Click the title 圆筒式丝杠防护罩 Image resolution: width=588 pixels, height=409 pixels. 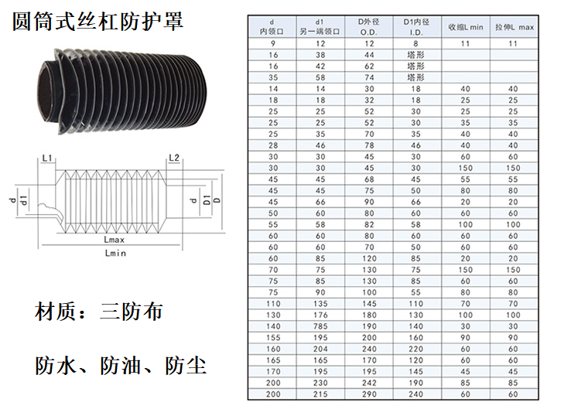(98, 21)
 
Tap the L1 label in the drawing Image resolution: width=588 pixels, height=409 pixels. (47, 158)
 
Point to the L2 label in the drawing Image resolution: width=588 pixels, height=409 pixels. (174, 158)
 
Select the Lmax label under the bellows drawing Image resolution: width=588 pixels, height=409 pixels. (115, 240)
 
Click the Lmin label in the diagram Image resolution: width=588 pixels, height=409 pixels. (115, 253)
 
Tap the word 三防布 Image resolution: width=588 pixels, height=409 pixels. (132, 312)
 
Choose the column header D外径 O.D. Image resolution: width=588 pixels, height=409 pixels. (368, 26)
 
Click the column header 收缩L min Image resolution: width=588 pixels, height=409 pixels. (466, 27)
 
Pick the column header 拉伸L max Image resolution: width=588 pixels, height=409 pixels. (514, 27)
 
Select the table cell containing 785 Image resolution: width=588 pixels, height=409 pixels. (320, 326)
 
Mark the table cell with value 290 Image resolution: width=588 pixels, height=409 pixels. (369, 394)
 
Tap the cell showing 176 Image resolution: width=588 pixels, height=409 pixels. (320, 315)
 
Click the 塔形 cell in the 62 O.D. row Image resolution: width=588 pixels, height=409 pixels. (416, 66)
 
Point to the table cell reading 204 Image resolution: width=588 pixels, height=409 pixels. (320, 349)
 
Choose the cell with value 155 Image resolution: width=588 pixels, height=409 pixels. (273, 338)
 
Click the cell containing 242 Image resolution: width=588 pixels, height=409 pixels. (369, 383)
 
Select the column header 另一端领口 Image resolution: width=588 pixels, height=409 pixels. (320, 32)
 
